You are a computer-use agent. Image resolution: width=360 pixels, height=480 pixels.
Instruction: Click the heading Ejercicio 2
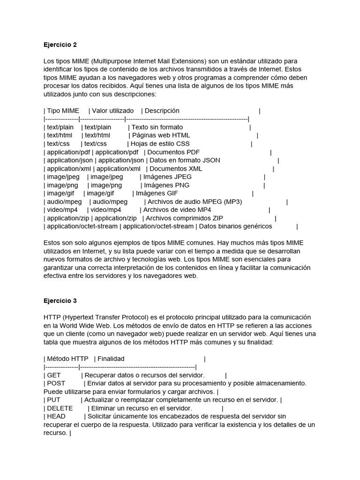point(60,45)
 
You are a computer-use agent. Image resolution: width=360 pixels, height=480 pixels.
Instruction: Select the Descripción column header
point(162,111)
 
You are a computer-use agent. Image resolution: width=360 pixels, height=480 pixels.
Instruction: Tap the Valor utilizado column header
point(113,111)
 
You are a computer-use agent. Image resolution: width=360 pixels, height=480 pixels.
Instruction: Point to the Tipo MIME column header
point(63,111)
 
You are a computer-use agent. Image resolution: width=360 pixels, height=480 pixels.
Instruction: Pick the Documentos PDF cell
point(173,152)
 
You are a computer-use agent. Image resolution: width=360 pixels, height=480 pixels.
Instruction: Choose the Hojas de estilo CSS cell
point(160,144)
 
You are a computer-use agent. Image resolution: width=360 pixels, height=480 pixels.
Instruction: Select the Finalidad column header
point(111,359)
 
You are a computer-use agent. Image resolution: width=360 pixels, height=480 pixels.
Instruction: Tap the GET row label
point(54,375)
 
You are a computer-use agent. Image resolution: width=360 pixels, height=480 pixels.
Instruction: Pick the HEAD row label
point(56,417)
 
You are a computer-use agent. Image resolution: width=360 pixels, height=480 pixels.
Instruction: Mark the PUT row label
point(53,400)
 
